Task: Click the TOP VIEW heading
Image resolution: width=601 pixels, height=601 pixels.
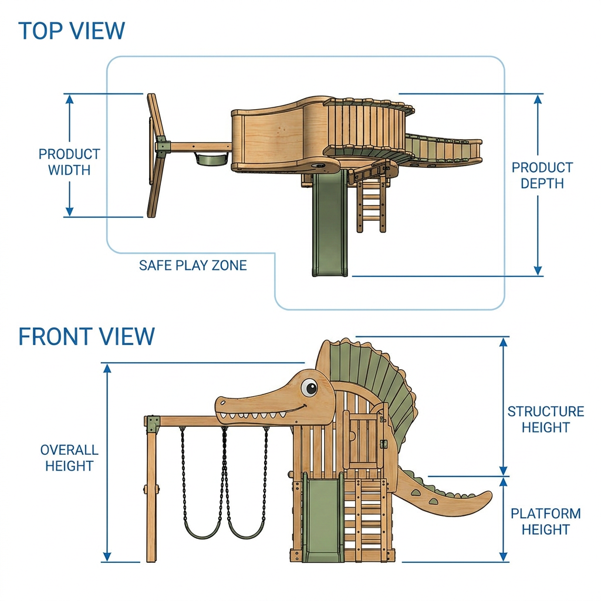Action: pyautogui.click(x=71, y=31)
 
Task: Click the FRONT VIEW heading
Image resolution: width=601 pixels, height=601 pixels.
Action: pyautogui.click(x=87, y=336)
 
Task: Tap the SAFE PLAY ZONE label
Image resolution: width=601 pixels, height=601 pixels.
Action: pyautogui.click(x=193, y=265)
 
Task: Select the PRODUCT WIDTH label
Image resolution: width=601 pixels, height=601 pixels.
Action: pyautogui.click(x=69, y=162)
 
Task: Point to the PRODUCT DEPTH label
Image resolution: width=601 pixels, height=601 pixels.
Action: pyautogui.click(x=542, y=175)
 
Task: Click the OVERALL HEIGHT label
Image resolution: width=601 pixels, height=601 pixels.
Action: pyautogui.click(x=69, y=458)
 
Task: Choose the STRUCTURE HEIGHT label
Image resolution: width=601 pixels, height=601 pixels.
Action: pyautogui.click(x=546, y=419)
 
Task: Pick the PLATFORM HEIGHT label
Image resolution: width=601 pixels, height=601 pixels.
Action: pyautogui.click(x=546, y=521)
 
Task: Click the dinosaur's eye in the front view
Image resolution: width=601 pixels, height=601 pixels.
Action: pyautogui.click(x=309, y=387)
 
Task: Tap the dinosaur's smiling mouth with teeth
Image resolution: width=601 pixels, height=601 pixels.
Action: pyautogui.click(x=261, y=413)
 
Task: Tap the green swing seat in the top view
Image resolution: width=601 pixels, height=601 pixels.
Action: pyautogui.click(x=211, y=158)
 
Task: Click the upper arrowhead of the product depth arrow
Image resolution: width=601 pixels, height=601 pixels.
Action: pyautogui.click(x=538, y=99)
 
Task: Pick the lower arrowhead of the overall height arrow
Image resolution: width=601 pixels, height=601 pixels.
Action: pyautogui.click(x=107, y=556)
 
